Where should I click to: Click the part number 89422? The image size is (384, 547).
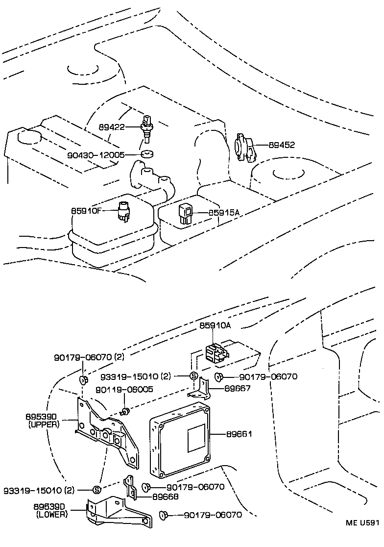click(x=112, y=126)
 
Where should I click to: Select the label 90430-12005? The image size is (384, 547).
click(x=96, y=155)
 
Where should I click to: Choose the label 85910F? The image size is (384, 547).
click(x=87, y=211)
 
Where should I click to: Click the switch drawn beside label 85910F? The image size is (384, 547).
click(x=124, y=213)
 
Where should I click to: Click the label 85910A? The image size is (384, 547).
click(x=214, y=325)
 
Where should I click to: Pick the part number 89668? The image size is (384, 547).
click(x=165, y=496)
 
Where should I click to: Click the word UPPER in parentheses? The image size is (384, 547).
click(x=45, y=424)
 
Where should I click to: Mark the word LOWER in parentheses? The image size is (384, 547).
click(x=52, y=514)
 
